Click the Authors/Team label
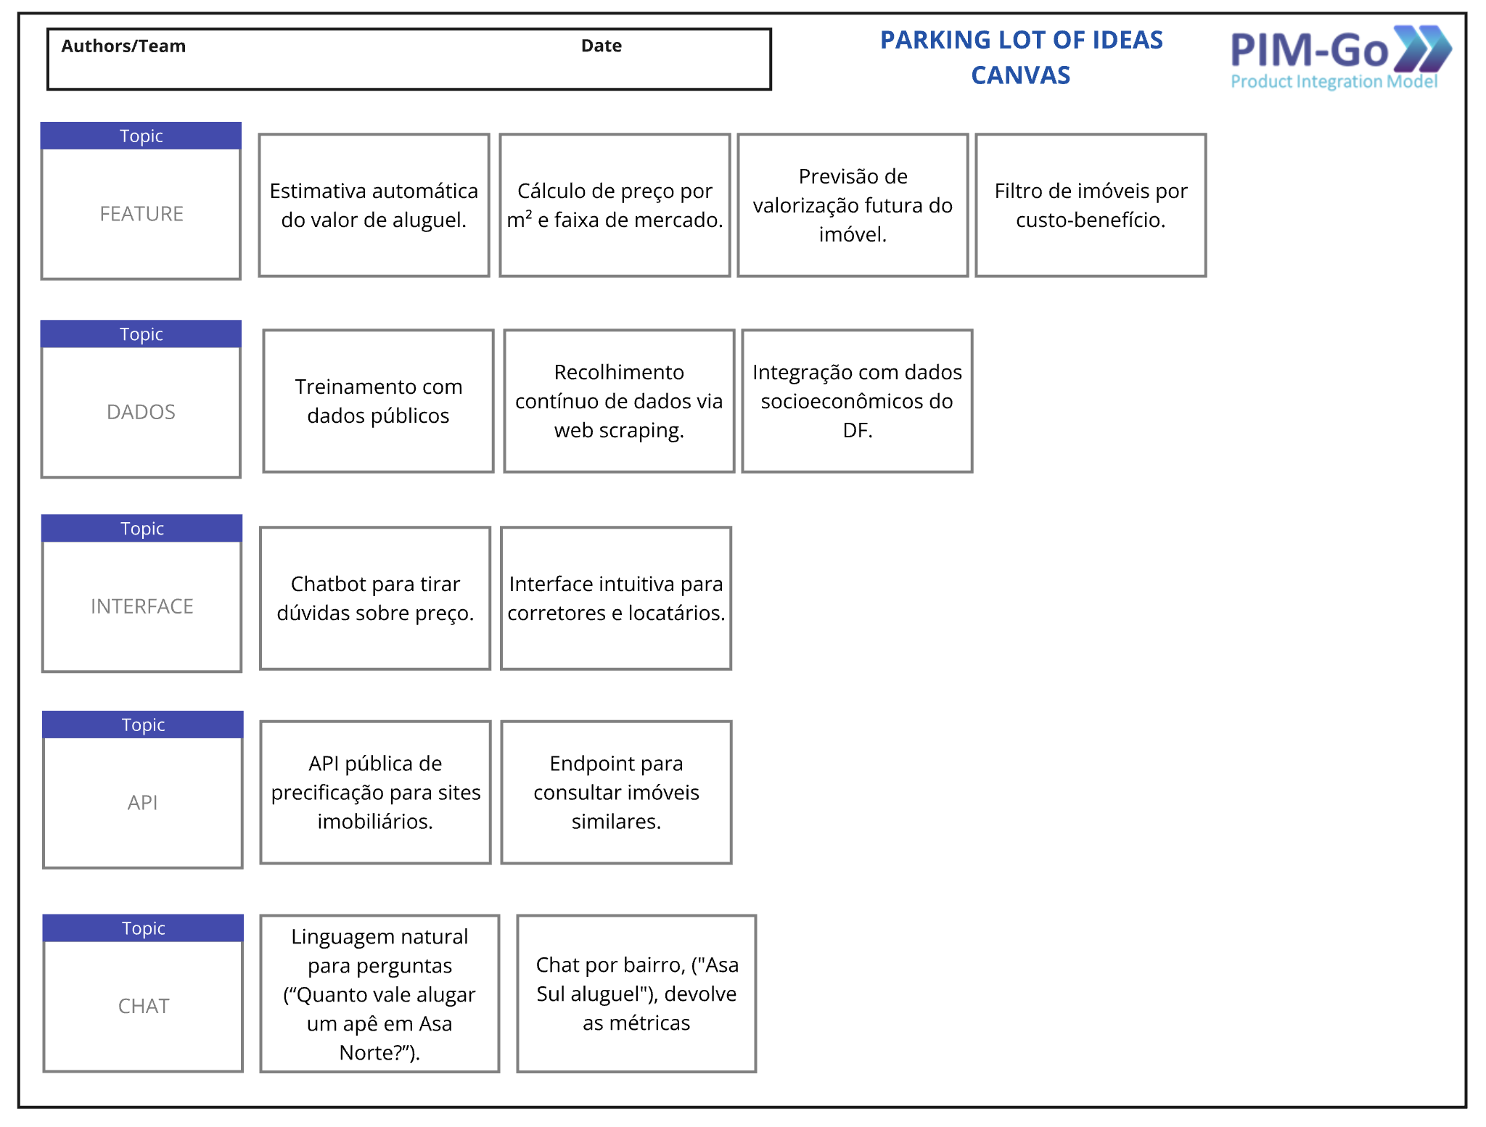point(123,46)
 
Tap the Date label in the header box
point(601,46)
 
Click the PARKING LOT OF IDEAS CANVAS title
point(1021,57)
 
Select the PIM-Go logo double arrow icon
point(1423,49)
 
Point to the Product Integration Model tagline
point(1334,82)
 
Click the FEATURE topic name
point(141,214)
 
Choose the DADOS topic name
point(141,412)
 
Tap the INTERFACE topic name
point(142,606)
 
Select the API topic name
point(143,803)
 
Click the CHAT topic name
point(144,1006)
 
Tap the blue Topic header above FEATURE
point(141,136)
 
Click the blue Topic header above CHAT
point(144,928)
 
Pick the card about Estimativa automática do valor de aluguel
point(374,205)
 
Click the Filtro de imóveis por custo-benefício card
point(1091,205)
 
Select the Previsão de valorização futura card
point(853,205)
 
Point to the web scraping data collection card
point(619,401)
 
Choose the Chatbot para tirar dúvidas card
point(375,598)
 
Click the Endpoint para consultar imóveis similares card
point(616,792)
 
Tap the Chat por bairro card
point(636,994)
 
